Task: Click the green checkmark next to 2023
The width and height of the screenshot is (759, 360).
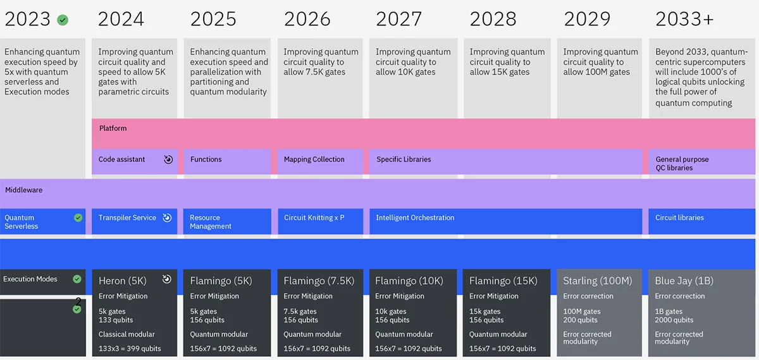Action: pyautogui.click(x=63, y=20)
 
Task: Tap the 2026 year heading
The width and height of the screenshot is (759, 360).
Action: pyautogui.click(x=307, y=19)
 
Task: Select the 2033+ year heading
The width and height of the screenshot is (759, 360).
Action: pyautogui.click(x=684, y=19)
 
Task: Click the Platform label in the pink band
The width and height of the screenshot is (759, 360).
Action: pyautogui.click(x=113, y=128)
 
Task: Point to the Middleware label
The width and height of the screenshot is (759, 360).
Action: pyautogui.click(x=24, y=190)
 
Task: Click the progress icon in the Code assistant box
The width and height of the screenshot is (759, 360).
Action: pyautogui.click(x=168, y=159)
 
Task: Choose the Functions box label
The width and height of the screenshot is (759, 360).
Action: pyautogui.click(x=206, y=159)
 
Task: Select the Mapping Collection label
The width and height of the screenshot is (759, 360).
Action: pyautogui.click(x=314, y=159)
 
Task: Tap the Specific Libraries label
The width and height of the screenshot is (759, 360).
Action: pyautogui.click(x=404, y=159)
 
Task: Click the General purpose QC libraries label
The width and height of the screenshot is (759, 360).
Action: pyautogui.click(x=682, y=163)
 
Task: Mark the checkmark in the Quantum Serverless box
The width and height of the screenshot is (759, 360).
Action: pyautogui.click(x=78, y=218)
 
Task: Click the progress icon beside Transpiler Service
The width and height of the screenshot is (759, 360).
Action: pyautogui.click(x=167, y=218)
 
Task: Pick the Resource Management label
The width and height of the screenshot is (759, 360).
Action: pyautogui.click(x=211, y=221)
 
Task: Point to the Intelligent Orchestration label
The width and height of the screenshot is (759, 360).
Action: pyautogui.click(x=415, y=218)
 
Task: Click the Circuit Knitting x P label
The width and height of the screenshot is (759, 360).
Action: pyautogui.click(x=314, y=218)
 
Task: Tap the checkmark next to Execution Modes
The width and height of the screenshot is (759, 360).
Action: pyautogui.click(x=77, y=279)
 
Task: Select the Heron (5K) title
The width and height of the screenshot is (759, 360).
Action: pyautogui.click(x=123, y=281)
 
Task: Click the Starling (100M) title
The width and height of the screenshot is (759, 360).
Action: pyautogui.click(x=597, y=281)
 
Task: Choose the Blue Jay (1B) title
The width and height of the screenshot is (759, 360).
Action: pyautogui.click(x=684, y=281)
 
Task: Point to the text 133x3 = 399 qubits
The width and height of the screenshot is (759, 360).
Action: pyautogui.click(x=130, y=349)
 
